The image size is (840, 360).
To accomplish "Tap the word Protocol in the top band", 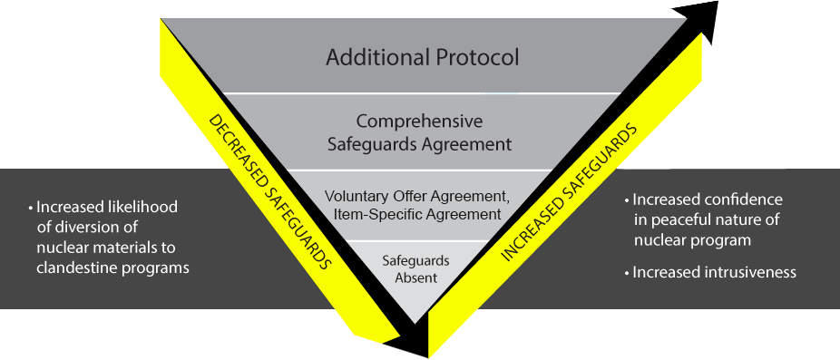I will pos(477,58).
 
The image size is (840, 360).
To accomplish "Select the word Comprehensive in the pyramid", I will pos(419,122).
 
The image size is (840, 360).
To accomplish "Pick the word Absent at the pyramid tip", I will pos(415,277).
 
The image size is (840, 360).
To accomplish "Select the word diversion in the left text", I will pos(83,228).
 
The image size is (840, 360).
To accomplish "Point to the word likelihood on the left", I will pos(140,208).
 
